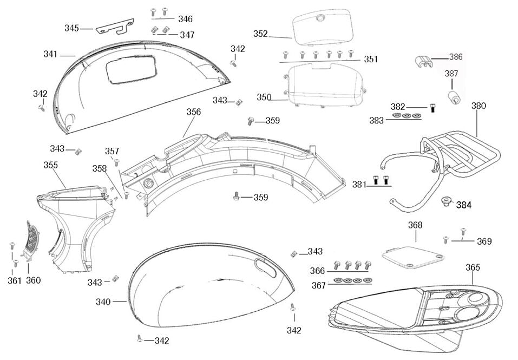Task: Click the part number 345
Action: tap(71, 28)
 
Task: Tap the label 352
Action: tap(260, 34)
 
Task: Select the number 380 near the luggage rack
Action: tap(478, 106)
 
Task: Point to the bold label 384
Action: tap(463, 205)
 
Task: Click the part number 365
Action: tap(473, 267)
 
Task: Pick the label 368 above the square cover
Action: tap(415, 225)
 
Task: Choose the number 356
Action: tap(193, 112)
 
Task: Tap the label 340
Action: tap(103, 302)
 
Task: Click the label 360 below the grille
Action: tap(34, 280)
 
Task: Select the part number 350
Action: tap(264, 97)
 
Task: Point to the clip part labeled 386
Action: tap(424, 62)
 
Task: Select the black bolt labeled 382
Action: tap(432, 107)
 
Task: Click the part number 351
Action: tap(371, 60)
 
